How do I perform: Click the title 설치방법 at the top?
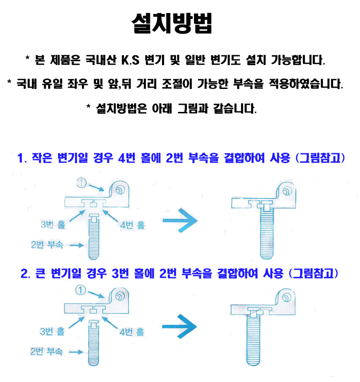coord(172,23)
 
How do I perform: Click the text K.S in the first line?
coord(130,60)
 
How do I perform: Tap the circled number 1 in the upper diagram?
coord(82,183)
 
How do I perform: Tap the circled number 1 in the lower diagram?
coord(81,290)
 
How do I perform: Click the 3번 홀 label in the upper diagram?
coord(53,224)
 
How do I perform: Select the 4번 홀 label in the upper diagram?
coord(133,225)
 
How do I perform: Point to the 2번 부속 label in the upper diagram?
coord(47,244)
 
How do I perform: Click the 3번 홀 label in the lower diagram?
coord(52,331)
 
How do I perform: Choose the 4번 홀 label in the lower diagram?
coord(132,332)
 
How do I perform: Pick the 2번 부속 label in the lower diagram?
coord(46,351)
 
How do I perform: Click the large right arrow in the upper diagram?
coord(180,220)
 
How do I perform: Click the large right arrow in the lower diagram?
coord(179,326)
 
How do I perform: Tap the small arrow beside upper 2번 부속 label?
coord(76,245)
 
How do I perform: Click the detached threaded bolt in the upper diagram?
coord(94,236)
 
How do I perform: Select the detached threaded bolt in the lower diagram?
coord(93,343)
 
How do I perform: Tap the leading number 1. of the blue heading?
coord(22,158)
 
